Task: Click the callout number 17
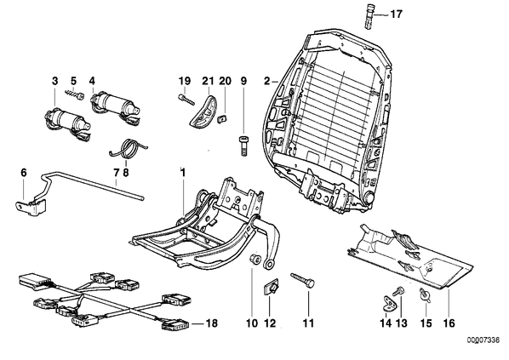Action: click(396, 14)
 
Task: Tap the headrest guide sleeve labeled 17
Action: click(369, 15)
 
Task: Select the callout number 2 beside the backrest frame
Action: click(266, 81)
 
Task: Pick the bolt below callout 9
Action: click(243, 146)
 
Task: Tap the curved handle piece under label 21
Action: click(203, 110)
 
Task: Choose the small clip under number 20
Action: click(222, 118)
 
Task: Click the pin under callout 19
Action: click(186, 99)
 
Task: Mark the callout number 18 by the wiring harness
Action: click(211, 323)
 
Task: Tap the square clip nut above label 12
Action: click(272, 288)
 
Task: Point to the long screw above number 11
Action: click(303, 279)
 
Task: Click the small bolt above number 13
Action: click(397, 290)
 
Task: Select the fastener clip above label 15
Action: click(425, 295)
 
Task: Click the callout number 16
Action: click(449, 323)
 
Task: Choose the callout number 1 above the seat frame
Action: click(183, 173)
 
